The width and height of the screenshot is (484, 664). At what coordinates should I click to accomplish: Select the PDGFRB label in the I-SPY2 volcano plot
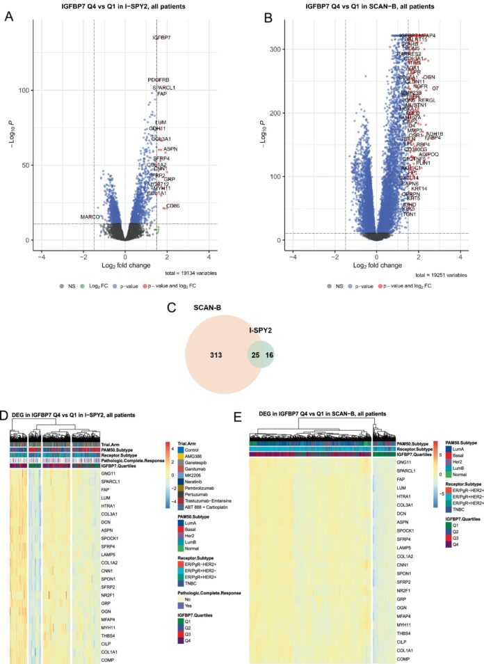pyautogui.click(x=158, y=80)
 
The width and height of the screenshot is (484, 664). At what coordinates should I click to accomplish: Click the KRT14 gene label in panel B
pyautogui.click(x=419, y=189)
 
